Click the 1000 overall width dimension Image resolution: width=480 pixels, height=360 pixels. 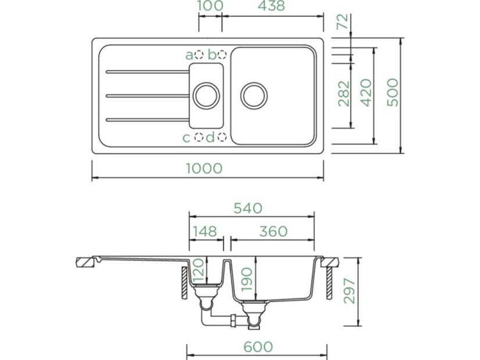(204, 168)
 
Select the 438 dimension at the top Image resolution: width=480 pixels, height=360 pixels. (271, 6)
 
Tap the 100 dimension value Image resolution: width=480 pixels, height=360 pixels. (210, 6)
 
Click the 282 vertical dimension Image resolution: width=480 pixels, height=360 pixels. (343, 93)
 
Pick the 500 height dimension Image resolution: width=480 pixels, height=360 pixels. (393, 92)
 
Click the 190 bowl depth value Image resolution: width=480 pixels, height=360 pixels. (246, 280)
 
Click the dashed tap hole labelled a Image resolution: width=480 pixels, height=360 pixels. (199, 55)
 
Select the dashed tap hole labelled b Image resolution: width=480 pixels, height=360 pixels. (222, 55)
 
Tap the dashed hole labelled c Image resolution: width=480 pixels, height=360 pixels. (199, 138)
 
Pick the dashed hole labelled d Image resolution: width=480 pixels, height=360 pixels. (222, 138)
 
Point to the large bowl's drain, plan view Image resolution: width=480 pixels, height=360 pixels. (255, 95)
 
